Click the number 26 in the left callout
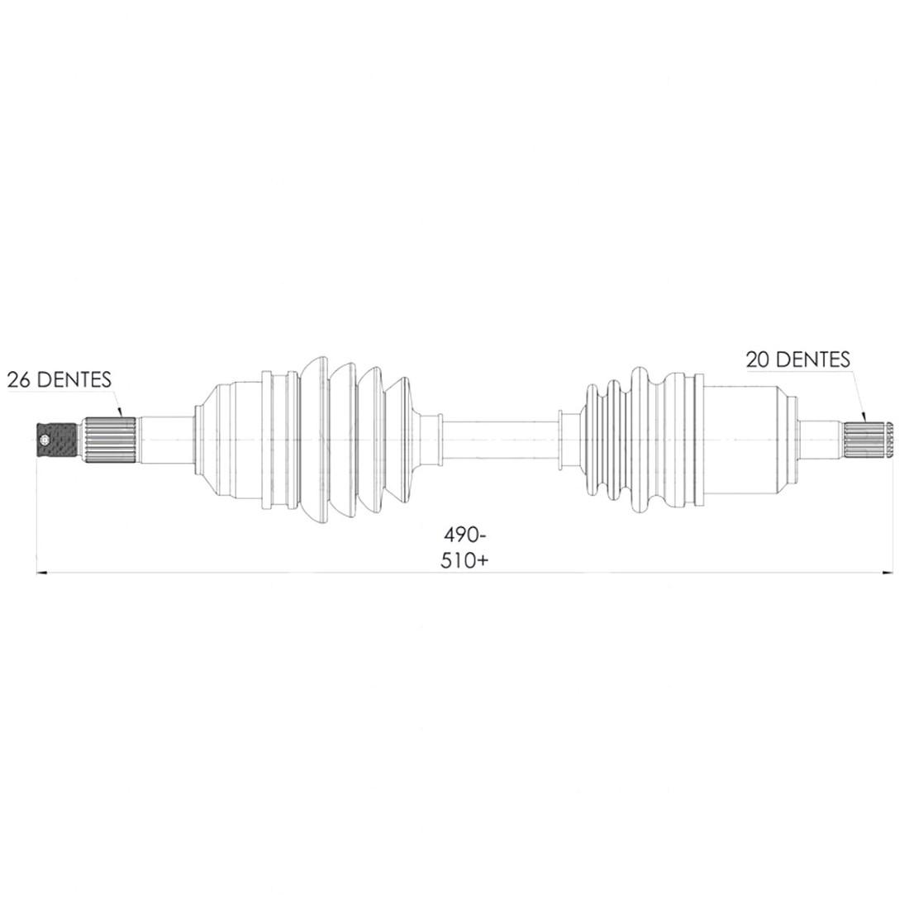pyautogui.click(x=19, y=380)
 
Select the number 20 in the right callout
pyautogui.click(x=758, y=359)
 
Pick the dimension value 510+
pyautogui.click(x=464, y=560)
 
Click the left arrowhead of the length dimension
pyautogui.click(x=41, y=573)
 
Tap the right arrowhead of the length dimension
pyautogui.click(x=888, y=573)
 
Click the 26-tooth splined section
pyautogui.click(x=112, y=440)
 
